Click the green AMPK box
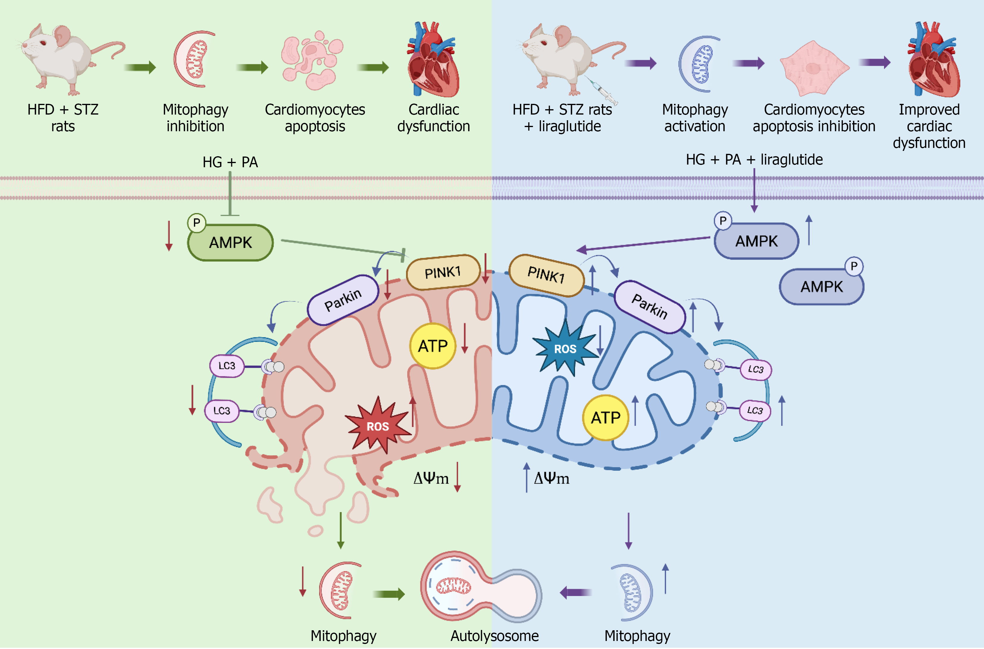[231, 243]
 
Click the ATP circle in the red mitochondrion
[433, 345]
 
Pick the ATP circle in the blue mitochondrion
[605, 417]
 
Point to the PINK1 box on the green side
[443, 272]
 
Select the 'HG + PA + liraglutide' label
[754, 159]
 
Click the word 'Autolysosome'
[494, 635]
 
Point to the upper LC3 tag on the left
[227, 366]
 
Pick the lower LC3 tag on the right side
[755, 410]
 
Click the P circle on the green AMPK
[197, 223]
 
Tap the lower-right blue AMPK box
[821, 287]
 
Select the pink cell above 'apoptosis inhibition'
[814, 68]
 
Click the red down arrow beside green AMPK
[169, 236]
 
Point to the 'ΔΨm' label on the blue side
[551, 478]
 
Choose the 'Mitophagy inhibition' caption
[195, 118]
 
